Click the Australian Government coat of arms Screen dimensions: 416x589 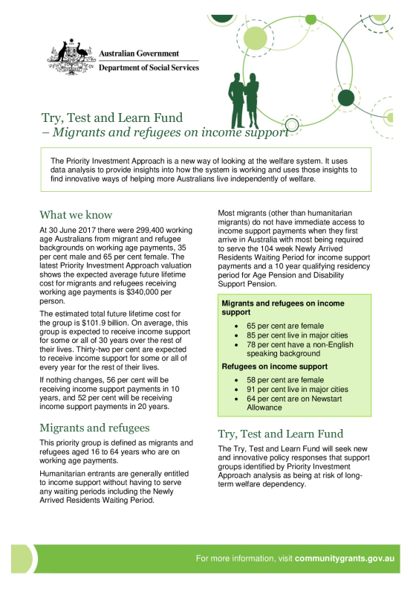click(x=71, y=57)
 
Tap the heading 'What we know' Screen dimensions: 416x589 click(x=77, y=215)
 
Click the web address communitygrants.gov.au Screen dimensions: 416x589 click(x=345, y=559)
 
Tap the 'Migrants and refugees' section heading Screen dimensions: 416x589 click(x=94, y=428)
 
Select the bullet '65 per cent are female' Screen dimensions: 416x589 click(x=285, y=326)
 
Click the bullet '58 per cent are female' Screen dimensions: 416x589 click(x=285, y=380)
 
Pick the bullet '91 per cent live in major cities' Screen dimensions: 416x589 click(x=297, y=389)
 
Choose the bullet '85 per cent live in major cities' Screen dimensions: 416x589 click(x=297, y=335)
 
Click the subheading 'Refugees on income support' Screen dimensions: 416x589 click(x=275, y=366)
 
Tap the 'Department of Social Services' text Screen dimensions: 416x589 click(x=149, y=68)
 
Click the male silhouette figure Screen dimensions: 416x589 click(x=237, y=100)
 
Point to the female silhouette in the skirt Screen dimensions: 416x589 click(x=252, y=100)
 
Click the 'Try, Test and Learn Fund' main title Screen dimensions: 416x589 click(x=112, y=118)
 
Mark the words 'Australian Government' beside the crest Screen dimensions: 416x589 click(x=139, y=54)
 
